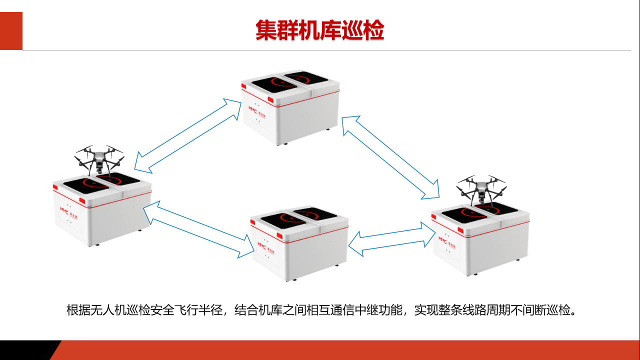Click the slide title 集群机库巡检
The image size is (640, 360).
(319, 30)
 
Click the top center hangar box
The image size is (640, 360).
(290, 110)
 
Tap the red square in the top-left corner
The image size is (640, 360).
(11, 31)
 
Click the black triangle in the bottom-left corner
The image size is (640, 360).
(25, 350)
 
